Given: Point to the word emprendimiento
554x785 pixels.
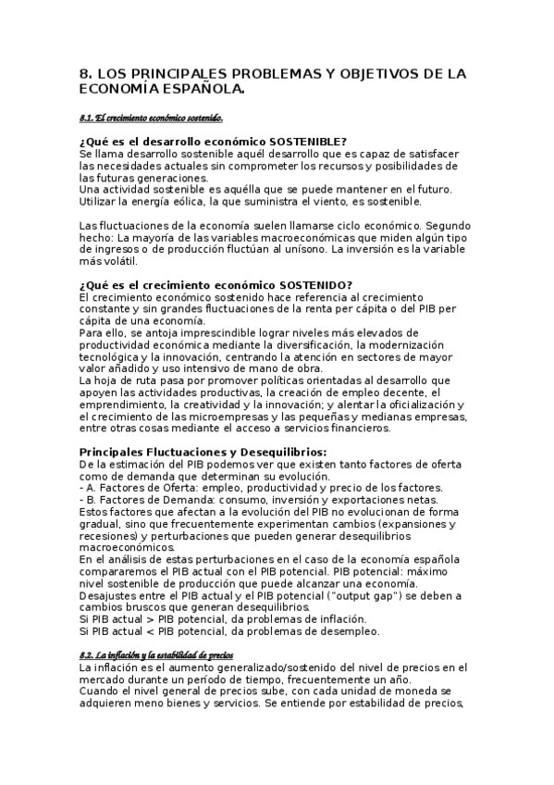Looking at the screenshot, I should click(x=125, y=404).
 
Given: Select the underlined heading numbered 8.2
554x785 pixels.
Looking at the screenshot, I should click(x=156, y=655).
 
